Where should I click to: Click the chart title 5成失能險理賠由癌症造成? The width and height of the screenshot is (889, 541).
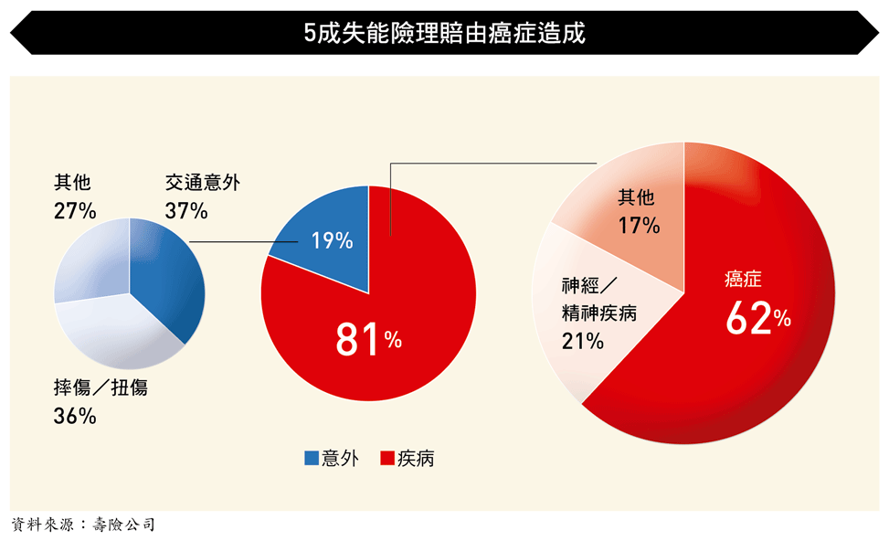click(444, 34)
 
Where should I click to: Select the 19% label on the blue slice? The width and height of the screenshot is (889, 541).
click(331, 241)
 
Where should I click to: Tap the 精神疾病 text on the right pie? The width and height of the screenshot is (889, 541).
click(598, 314)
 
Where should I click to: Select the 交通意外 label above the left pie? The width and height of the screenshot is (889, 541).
click(203, 183)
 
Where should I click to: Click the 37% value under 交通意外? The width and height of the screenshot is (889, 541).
click(186, 210)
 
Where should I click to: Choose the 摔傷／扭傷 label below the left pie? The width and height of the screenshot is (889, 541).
click(101, 387)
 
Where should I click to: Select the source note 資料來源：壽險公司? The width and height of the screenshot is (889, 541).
click(83, 525)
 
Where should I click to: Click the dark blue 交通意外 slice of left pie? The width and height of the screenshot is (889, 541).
click(169, 274)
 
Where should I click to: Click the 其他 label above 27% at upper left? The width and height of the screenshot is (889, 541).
click(72, 183)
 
